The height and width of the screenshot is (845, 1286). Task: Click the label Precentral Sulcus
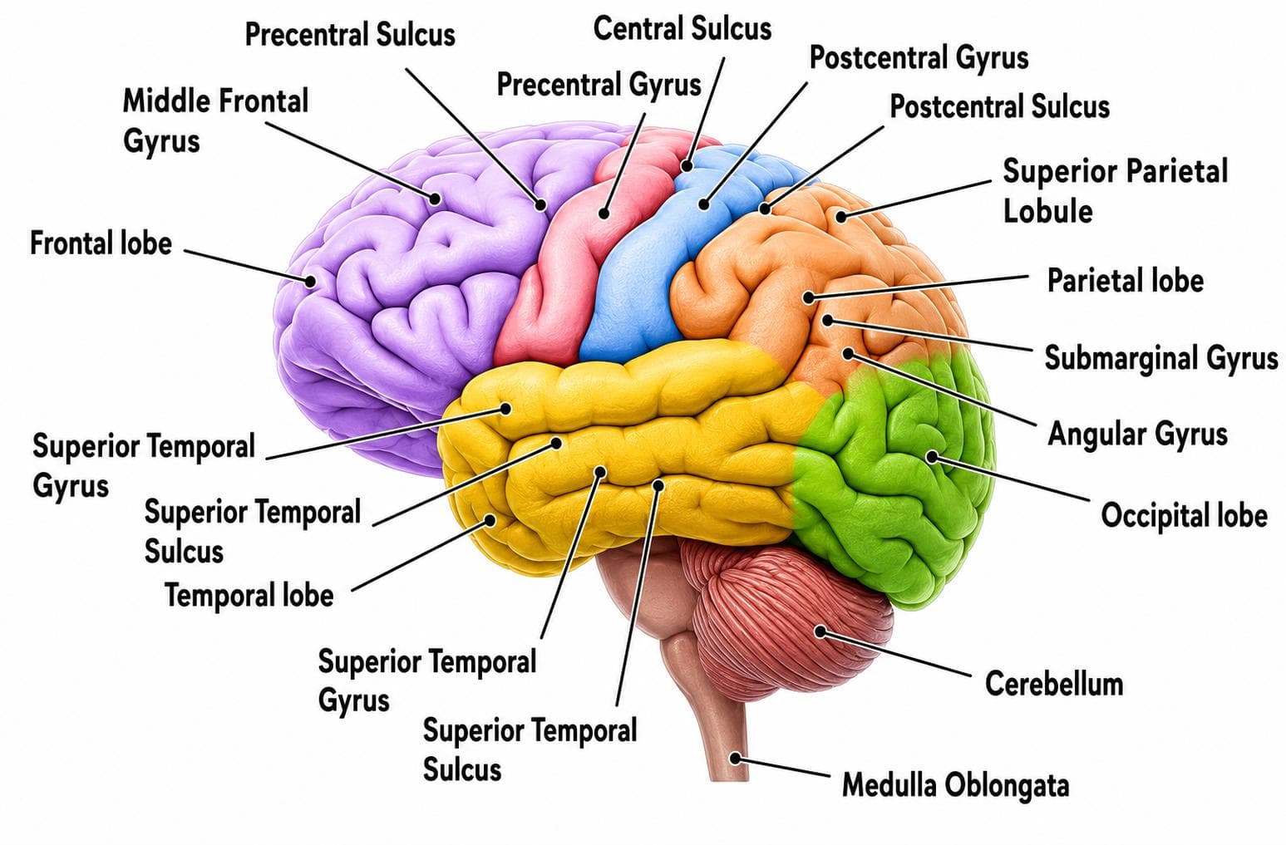pyautogui.click(x=350, y=34)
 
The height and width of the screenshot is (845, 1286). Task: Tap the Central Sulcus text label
pyautogui.click(x=682, y=29)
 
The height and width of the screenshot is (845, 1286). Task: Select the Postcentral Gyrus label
pyautogui.click(x=919, y=58)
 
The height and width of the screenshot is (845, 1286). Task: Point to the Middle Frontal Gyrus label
pyautogui.click(x=215, y=120)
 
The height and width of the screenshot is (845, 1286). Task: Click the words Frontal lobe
pyautogui.click(x=101, y=243)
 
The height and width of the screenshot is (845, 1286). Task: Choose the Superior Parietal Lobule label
pyautogui.click(x=1115, y=190)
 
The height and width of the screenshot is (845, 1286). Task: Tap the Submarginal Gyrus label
pyautogui.click(x=1160, y=359)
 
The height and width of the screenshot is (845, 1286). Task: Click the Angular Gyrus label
pyautogui.click(x=1137, y=435)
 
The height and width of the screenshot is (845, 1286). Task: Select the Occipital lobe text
pyautogui.click(x=1184, y=514)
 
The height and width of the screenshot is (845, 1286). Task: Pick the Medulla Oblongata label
pyautogui.click(x=955, y=784)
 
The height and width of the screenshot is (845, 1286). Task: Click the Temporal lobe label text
pyautogui.click(x=249, y=595)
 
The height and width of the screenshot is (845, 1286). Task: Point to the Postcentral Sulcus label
pyautogui.click(x=999, y=106)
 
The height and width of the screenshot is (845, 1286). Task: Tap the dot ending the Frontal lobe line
pyautogui.click(x=310, y=281)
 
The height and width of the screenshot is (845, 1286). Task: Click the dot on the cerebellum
pyautogui.click(x=820, y=631)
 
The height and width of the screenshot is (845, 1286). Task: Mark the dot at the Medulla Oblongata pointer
pyautogui.click(x=735, y=758)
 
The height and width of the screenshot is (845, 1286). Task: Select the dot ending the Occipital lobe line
pyautogui.click(x=932, y=457)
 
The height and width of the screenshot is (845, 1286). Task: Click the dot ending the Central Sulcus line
pyautogui.click(x=687, y=167)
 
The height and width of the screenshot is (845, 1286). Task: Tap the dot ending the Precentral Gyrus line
pyautogui.click(x=604, y=214)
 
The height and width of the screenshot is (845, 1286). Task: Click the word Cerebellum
pyautogui.click(x=1054, y=684)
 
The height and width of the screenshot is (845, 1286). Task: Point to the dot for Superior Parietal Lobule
pyautogui.click(x=840, y=217)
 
